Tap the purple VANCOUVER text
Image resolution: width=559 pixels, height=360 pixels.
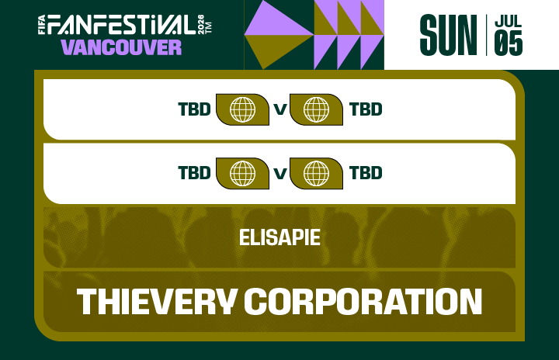(x=121, y=47)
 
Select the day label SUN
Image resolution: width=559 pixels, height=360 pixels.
(x=448, y=36)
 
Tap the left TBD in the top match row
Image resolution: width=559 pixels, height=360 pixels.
(x=194, y=109)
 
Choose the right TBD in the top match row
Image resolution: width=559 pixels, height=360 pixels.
(x=366, y=109)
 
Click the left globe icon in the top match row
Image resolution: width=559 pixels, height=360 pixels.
(x=242, y=109)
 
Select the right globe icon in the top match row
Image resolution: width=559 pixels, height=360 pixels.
(x=316, y=109)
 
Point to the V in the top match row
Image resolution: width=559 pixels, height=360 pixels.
(x=279, y=109)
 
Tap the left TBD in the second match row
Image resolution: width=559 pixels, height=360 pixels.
(x=194, y=172)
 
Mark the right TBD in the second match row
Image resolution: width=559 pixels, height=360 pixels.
(x=366, y=172)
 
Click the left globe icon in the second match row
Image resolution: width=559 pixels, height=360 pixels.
(x=242, y=172)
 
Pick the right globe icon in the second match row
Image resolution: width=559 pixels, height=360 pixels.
(x=316, y=172)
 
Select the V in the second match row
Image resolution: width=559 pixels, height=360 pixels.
(x=279, y=172)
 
